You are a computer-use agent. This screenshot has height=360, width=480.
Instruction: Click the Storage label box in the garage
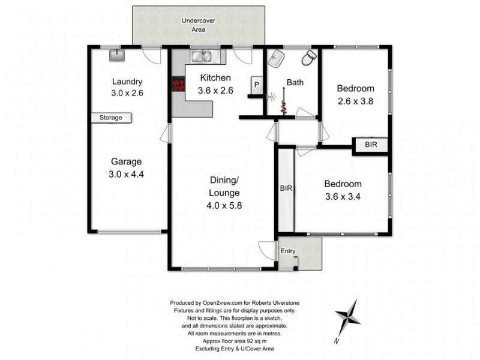(111, 118)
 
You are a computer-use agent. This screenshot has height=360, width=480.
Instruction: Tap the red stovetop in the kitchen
(179, 84)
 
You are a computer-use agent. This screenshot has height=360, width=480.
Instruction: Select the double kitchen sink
(202, 56)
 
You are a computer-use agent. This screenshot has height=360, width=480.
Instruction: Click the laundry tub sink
(117, 55)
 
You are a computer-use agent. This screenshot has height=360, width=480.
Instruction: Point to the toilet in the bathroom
(310, 57)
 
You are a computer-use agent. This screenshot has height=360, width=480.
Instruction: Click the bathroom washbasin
(276, 58)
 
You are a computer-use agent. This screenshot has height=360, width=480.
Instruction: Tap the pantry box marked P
(257, 85)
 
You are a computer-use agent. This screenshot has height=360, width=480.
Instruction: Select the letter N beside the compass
(337, 340)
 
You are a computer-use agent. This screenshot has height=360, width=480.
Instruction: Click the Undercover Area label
(199, 25)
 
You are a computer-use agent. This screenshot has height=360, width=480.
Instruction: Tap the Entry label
(288, 251)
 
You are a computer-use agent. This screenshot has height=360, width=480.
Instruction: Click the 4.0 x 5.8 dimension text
(224, 205)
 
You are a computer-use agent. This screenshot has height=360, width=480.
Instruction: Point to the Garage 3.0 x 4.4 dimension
(126, 174)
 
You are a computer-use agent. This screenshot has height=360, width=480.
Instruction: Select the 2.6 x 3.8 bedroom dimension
(355, 101)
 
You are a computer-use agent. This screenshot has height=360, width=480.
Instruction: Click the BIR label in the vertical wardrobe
(286, 188)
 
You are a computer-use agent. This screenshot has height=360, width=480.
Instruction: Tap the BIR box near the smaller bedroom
(370, 145)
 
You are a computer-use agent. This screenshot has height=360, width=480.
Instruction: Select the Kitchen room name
(215, 78)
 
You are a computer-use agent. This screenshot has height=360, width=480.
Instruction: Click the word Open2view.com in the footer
(223, 303)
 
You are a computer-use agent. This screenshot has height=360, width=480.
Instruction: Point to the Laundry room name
(127, 82)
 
